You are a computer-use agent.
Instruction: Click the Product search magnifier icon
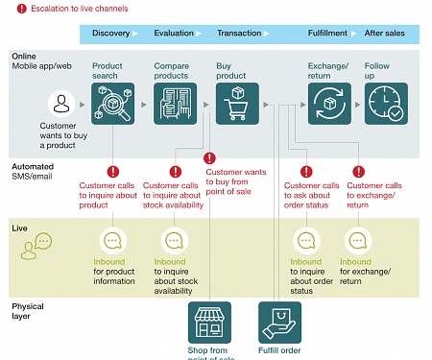click(x=112, y=104)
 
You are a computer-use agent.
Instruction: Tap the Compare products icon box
click(x=173, y=104)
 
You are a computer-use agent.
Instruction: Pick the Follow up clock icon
click(x=386, y=104)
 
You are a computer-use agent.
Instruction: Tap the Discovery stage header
click(x=110, y=34)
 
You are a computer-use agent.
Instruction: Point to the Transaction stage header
click(x=238, y=34)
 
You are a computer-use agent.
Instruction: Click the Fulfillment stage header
click(x=327, y=34)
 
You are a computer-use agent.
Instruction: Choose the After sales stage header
click(x=384, y=34)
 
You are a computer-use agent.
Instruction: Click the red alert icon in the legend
click(x=9, y=9)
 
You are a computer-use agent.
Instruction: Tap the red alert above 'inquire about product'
click(x=112, y=173)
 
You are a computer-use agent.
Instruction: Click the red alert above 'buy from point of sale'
click(x=209, y=159)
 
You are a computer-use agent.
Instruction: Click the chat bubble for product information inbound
click(x=112, y=241)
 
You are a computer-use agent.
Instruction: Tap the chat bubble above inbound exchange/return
click(x=358, y=241)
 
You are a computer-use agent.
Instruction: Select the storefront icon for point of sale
click(x=207, y=324)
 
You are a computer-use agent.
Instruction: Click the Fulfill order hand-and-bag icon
click(x=279, y=324)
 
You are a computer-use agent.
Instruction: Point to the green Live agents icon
click(x=30, y=251)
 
